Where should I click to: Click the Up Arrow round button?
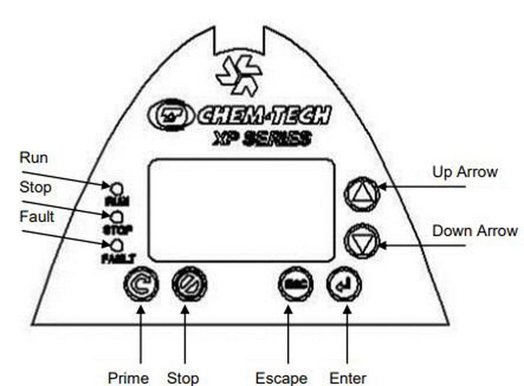(x=361, y=194)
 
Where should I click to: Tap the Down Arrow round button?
(x=361, y=241)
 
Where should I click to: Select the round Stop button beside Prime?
(x=190, y=285)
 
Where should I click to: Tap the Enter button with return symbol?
(x=344, y=285)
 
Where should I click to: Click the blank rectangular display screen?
(x=242, y=210)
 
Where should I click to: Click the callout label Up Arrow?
(x=464, y=172)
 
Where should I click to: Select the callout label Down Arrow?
(x=475, y=231)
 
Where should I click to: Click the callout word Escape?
(x=281, y=378)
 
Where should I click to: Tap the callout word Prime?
(x=128, y=378)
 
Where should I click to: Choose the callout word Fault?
(x=37, y=216)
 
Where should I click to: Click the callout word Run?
(x=34, y=157)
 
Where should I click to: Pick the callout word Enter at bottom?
(x=348, y=378)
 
